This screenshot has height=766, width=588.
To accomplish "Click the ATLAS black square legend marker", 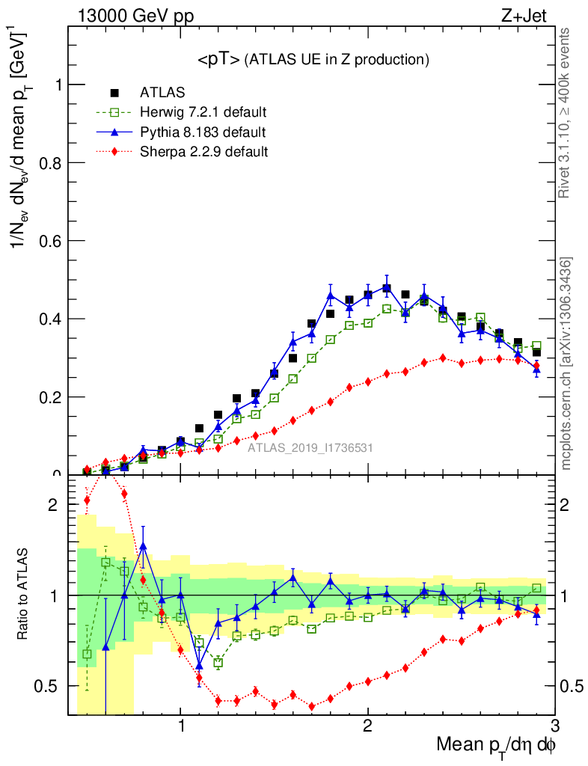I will pyautogui.click(x=114, y=93).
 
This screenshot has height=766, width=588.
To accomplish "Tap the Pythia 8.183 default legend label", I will pyautogui.click(x=203, y=132).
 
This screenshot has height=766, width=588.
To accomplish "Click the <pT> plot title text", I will pyautogui.click(x=313, y=59).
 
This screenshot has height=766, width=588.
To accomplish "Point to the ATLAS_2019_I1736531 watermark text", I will pyautogui.click(x=310, y=449).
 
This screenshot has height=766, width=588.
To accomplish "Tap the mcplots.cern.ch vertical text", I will pyautogui.click(x=567, y=364).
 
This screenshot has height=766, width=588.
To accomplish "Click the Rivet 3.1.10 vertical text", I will pyautogui.click(x=567, y=114).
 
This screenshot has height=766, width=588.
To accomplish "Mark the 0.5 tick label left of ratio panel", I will pyautogui.click(x=49, y=687).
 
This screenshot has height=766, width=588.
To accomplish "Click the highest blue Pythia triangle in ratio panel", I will pyautogui.click(x=144, y=546).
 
